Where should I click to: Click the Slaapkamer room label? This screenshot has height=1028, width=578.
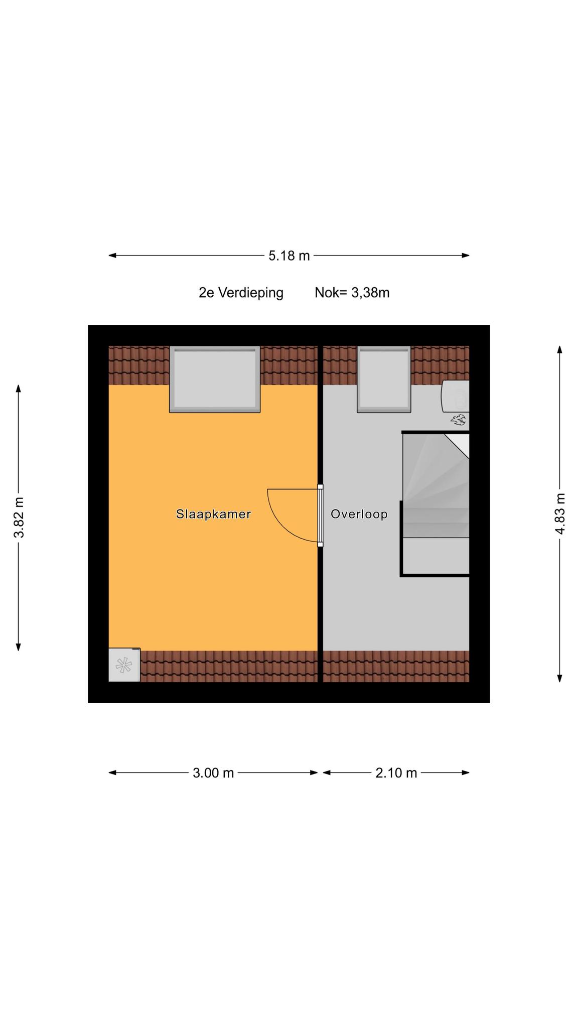click(x=213, y=514)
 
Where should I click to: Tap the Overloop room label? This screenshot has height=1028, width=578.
click(x=359, y=514)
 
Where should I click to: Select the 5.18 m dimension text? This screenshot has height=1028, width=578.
click(x=289, y=256)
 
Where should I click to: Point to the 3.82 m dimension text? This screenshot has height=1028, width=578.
click(x=19, y=518)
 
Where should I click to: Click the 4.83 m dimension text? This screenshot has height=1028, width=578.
click(x=560, y=514)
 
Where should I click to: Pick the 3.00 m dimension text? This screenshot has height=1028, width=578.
click(x=213, y=773)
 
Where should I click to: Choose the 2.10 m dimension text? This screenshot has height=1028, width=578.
click(x=396, y=773)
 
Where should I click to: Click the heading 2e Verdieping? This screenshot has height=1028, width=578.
click(x=241, y=293)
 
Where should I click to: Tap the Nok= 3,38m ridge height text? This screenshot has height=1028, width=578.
click(x=352, y=293)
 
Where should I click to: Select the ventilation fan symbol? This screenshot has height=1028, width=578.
click(x=123, y=665)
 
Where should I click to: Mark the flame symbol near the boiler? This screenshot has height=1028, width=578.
click(x=458, y=420)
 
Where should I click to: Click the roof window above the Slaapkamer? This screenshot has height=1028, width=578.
click(x=215, y=379)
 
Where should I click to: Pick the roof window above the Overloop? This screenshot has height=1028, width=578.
click(x=384, y=379)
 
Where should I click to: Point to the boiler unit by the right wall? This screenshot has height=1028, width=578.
click(x=456, y=396)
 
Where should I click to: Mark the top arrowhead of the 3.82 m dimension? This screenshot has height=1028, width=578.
click(x=19, y=389)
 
